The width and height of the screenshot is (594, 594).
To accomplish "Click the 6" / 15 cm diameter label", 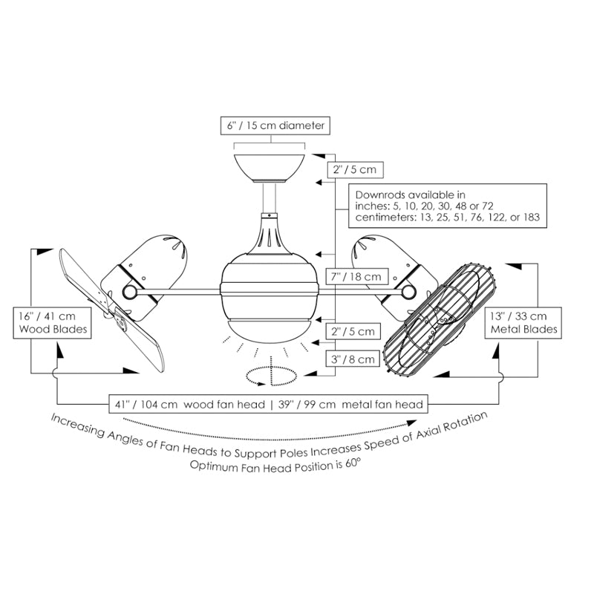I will [275, 126].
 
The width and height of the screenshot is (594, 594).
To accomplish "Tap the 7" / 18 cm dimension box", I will [355, 277].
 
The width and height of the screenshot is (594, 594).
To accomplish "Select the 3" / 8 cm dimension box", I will [355, 359].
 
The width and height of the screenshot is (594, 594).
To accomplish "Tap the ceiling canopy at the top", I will [270, 166].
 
